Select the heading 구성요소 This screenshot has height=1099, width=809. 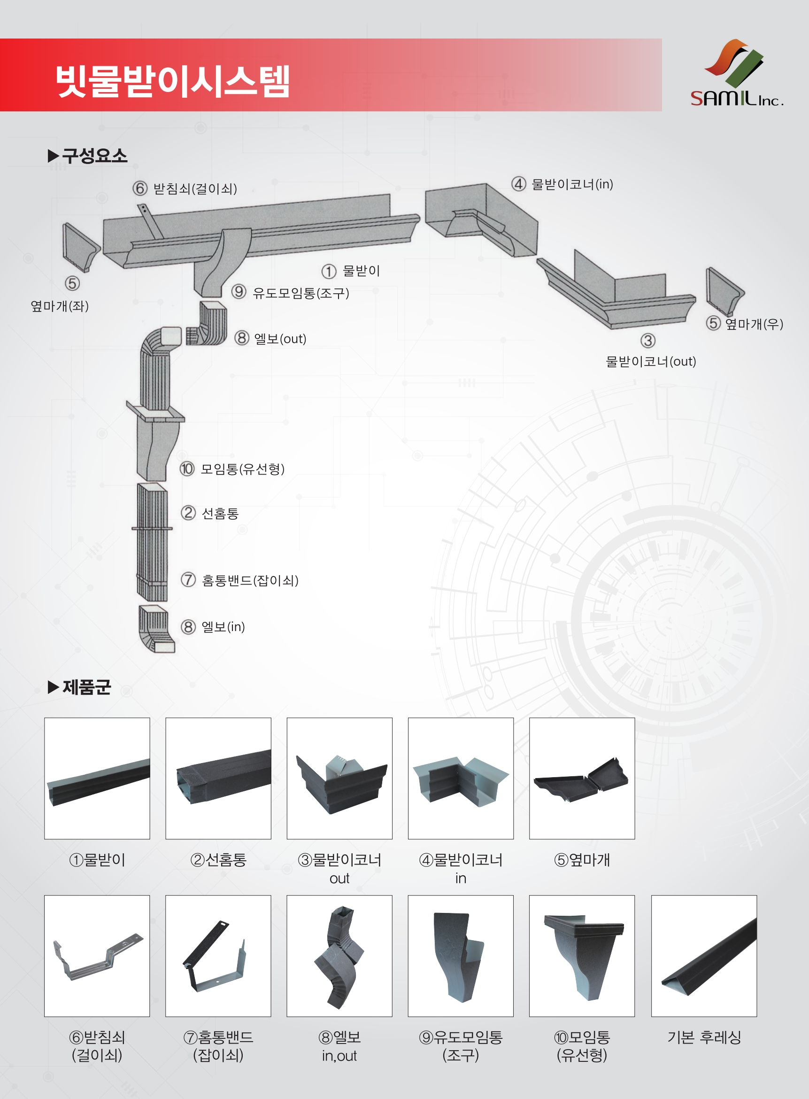pos(94,156)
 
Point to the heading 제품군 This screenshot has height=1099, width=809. pos(86,687)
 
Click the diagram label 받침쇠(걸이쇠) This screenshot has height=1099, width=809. pos(194,188)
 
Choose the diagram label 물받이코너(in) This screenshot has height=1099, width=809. pos(571,184)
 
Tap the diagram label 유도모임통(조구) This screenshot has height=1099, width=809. pos(300,293)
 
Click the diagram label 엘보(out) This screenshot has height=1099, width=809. pos(280,339)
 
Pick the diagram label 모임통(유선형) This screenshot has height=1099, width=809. pos(242,469)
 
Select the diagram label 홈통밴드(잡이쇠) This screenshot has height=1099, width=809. pos(250,580)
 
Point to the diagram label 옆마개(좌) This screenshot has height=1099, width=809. pos(59,306)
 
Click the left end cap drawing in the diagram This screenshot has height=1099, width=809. pos(80,248)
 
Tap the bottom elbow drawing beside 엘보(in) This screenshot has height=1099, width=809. pos(156,629)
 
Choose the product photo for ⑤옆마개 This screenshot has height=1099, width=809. pos(582,778)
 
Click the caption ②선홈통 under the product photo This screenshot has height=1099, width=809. pos(218,860)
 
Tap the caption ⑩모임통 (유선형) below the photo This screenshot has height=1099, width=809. pos(582,1046)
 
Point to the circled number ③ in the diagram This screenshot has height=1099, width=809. pos(647,341)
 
